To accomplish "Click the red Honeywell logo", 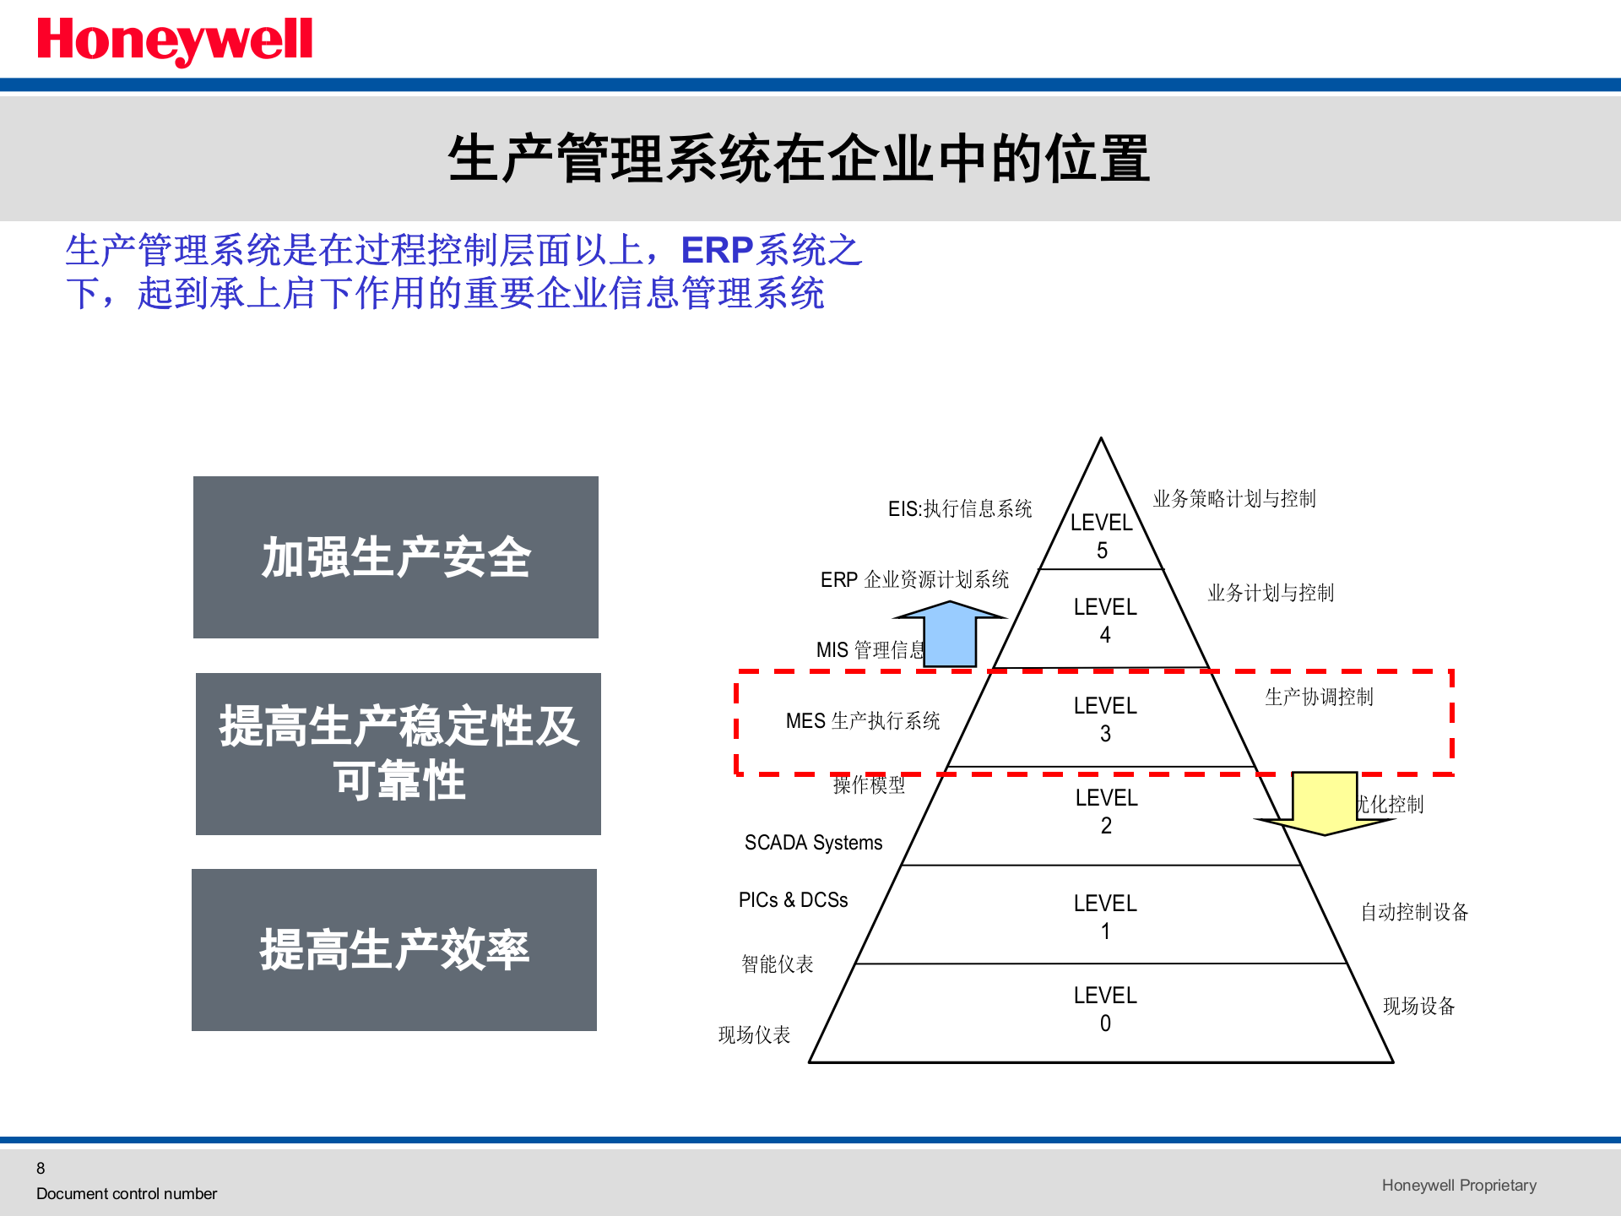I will pyautogui.click(x=175, y=40).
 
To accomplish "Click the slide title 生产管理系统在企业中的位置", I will pyautogui.click(x=798, y=159).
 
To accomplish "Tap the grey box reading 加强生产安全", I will pyautogui.click(x=395, y=557).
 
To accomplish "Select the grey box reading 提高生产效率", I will pyautogui.click(x=394, y=949).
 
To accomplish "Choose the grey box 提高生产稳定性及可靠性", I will pyautogui.click(x=398, y=753).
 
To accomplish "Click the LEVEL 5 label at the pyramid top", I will pyautogui.click(x=1101, y=535).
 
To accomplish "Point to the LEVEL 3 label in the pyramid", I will pyautogui.click(x=1105, y=719).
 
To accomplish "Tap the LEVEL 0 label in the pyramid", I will pyautogui.click(x=1105, y=1008).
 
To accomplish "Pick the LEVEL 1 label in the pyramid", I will pyautogui.click(x=1105, y=916).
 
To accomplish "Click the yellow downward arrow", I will pyautogui.click(x=1324, y=803).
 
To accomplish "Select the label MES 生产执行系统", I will pyautogui.click(x=863, y=720).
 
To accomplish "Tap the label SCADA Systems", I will pyautogui.click(x=813, y=842).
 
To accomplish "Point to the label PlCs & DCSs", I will pyautogui.click(x=793, y=899).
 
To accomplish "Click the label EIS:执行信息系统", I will pyautogui.click(x=960, y=508).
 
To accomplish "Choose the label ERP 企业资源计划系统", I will pyautogui.click(x=914, y=579).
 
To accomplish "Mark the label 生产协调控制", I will pyautogui.click(x=1319, y=697).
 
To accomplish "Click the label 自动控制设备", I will pyautogui.click(x=1414, y=912).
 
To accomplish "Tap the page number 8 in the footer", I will pyautogui.click(x=41, y=1168).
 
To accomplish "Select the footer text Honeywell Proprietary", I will pyautogui.click(x=1459, y=1185).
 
